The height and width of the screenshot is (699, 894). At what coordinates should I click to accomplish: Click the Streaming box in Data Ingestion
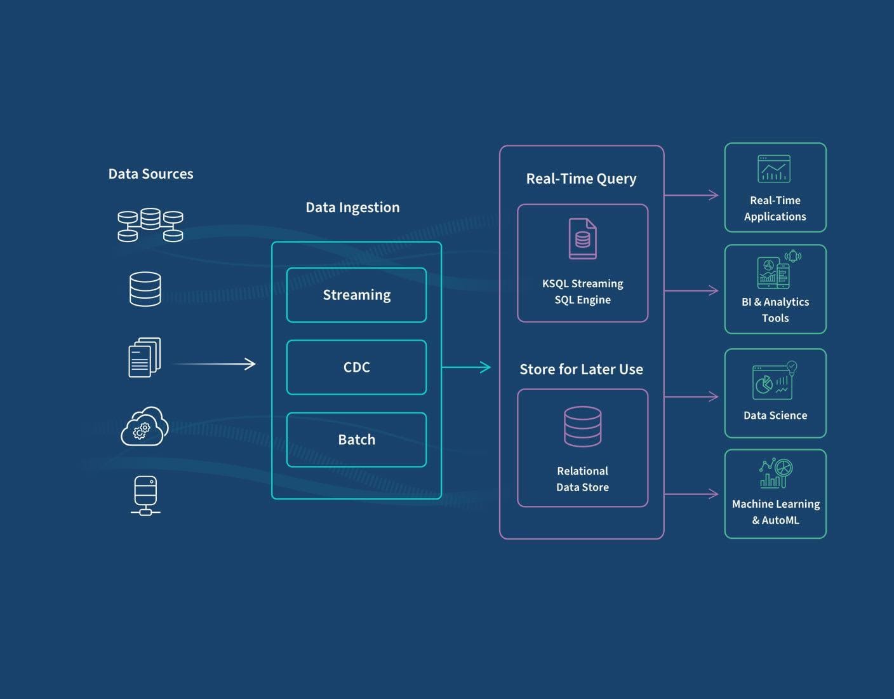356,295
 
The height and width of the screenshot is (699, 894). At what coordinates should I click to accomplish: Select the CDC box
356,367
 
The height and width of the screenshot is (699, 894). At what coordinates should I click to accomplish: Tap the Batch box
356,440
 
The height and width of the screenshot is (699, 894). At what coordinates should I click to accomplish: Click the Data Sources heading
150,174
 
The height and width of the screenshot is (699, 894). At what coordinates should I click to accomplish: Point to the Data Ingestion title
352,208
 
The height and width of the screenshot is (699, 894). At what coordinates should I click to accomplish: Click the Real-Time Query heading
581,179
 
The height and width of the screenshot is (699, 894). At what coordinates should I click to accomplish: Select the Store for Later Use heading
581,370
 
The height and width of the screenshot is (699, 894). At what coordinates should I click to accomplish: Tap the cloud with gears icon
145,427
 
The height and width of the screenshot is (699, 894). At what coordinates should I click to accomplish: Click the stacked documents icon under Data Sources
145,357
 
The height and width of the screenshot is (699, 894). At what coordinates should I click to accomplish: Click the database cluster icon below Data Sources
150,225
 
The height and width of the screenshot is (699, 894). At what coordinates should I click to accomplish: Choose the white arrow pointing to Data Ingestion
215,364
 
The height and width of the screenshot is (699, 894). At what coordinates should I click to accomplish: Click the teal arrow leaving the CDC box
466,367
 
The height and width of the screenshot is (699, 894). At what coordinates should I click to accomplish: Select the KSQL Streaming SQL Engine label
582,292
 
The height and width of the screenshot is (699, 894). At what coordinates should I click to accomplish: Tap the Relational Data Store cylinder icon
582,426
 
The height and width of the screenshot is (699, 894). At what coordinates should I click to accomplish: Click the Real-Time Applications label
775,208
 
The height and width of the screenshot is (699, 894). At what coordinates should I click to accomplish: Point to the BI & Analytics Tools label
775,310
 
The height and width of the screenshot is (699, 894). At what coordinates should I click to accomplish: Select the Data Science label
775,416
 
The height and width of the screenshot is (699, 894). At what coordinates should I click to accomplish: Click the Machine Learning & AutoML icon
775,473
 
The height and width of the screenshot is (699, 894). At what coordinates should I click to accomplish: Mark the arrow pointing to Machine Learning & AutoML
691,494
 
